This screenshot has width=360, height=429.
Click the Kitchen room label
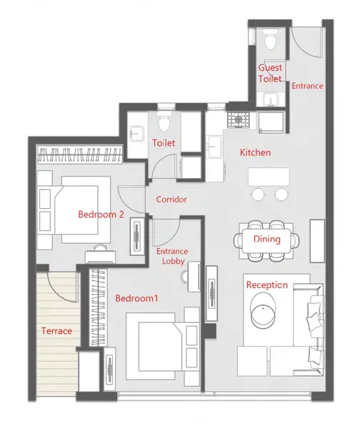(x=255, y=152)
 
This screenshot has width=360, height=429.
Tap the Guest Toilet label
(x=270, y=73)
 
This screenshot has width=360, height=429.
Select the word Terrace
(x=57, y=331)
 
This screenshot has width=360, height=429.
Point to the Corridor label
(x=171, y=199)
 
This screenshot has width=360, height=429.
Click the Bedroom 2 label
(x=101, y=214)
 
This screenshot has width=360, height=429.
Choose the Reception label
(x=267, y=285)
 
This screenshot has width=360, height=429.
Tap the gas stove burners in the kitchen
(x=239, y=119)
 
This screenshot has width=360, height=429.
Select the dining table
(x=266, y=241)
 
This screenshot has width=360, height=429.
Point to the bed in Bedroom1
(x=163, y=346)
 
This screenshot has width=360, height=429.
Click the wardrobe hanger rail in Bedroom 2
(x=79, y=154)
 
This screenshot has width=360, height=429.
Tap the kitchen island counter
(x=269, y=177)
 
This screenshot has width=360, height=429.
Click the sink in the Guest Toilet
(x=271, y=99)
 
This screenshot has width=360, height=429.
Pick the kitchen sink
(x=214, y=147)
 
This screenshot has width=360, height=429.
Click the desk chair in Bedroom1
(x=184, y=276)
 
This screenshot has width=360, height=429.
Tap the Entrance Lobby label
(x=172, y=256)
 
